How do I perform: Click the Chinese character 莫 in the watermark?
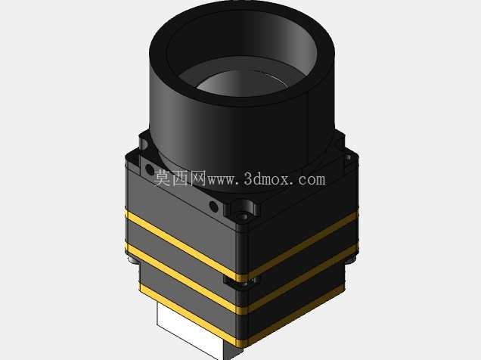(163, 178)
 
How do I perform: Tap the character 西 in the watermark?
(181, 178)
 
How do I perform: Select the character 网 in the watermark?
(198, 178)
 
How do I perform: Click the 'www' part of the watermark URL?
(221, 180)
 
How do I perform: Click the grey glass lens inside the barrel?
(242, 83)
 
